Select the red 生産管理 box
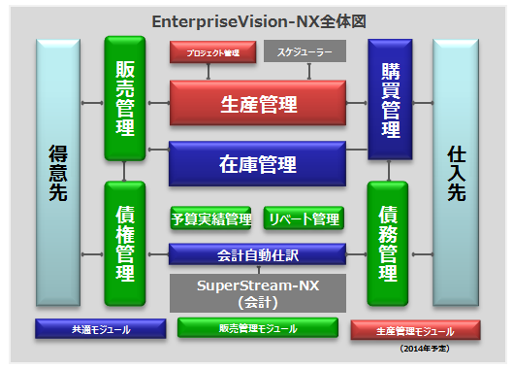[257, 103]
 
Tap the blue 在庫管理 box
[257, 163]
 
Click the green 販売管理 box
[125, 97]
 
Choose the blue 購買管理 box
[391, 97]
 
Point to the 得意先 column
[59, 173]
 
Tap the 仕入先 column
[457, 173]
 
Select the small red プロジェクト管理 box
[211, 53]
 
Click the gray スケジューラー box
[305, 53]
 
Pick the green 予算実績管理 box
[210, 218]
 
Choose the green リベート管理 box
[304, 218]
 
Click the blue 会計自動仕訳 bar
[257, 254]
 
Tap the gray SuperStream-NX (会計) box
[257, 293]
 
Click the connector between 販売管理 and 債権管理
[125, 171]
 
